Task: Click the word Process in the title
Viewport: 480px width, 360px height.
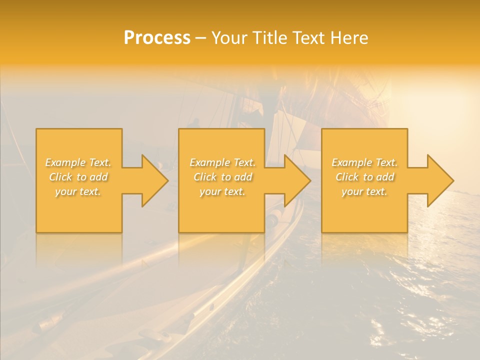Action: click(x=157, y=38)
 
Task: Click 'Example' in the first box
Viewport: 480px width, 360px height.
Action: click(x=65, y=162)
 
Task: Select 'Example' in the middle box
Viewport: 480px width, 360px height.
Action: click(x=209, y=162)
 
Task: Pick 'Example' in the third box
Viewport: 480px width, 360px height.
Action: click(x=351, y=162)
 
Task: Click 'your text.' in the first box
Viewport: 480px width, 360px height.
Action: click(x=78, y=191)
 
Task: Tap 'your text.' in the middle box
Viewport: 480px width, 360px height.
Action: click(x=222, y=191)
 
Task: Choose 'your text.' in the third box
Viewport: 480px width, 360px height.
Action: click(x=364, y=191)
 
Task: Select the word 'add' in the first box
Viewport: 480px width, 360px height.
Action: click(x=99, y=177)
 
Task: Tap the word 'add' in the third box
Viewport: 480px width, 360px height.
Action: click(x=385, y=177)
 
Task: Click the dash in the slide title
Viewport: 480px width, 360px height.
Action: click(x=201, y=38)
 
